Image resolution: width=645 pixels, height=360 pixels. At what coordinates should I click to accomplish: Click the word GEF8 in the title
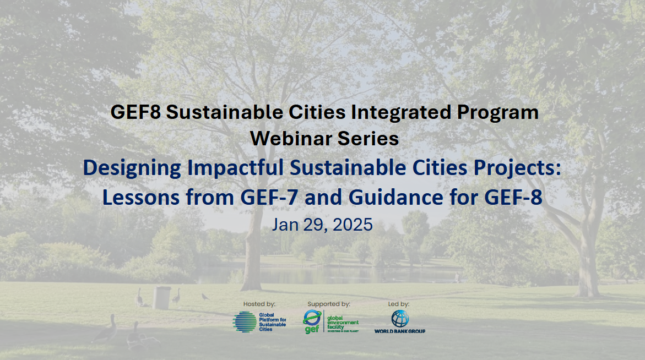click(135, 112)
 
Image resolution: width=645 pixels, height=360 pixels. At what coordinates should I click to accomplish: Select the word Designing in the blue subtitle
click(132, 168)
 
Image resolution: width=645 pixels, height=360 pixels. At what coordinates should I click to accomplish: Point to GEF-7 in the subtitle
click(269, 197)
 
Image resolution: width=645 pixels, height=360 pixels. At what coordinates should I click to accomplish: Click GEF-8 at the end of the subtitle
click(513, 197)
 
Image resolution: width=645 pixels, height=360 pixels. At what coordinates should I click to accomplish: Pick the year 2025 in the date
click(353, 225)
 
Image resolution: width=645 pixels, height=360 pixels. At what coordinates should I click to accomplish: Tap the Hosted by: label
click(259, 304)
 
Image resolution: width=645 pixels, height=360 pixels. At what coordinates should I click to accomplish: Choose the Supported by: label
click(329, 304)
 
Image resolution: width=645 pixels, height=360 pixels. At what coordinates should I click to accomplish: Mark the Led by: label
click(399, 304)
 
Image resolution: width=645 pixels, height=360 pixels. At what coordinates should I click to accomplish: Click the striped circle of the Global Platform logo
click(245, 322)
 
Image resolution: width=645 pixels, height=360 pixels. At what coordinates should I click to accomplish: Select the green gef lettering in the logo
click(312, 329)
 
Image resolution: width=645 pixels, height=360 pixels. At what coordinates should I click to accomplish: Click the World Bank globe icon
click(400, 319)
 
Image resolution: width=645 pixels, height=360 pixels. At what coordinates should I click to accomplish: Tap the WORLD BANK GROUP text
click(400, 331)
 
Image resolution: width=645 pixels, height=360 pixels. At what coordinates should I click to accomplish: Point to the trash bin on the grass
click(161, 298)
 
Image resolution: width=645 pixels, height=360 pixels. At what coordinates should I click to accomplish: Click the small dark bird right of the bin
click(205, 297)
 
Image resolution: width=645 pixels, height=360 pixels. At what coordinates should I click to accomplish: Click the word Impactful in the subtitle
click(235, 168)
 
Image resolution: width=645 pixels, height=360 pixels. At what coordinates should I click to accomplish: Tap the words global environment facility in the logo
click(343, 323)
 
